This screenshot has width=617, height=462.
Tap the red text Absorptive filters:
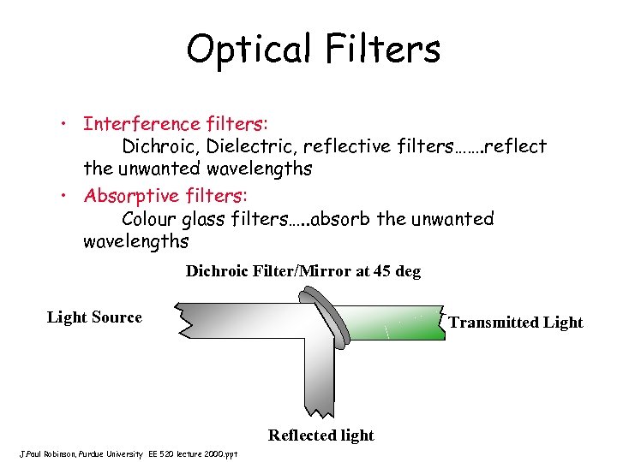(x=163, y=195)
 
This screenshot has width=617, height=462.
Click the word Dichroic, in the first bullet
(x=162, y=146)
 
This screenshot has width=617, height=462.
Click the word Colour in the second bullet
(x=152, y=219)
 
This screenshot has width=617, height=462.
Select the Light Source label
(x=94, y=317)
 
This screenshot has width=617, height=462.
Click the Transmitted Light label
(x=515, y=323)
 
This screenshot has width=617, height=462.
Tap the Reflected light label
(x=320, y=435)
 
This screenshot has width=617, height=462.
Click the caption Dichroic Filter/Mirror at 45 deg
(x=303, y=271)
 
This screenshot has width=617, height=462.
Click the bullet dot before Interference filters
(x=65, y=124)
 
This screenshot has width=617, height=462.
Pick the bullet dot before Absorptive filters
(x=65, y=196)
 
